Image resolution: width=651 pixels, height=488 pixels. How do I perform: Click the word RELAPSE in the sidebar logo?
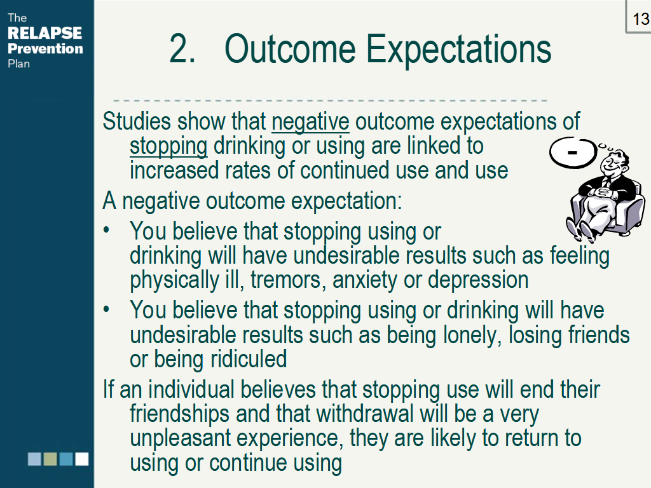coord(45,33)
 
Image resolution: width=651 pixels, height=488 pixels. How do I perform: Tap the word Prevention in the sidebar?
coord(45,48)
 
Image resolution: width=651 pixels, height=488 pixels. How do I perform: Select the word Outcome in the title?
coord(290,49)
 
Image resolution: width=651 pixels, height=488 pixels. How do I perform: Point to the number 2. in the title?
coord(182,50)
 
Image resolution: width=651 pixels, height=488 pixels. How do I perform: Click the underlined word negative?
coord(310,122)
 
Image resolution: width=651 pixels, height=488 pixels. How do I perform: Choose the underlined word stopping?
coord(168,147)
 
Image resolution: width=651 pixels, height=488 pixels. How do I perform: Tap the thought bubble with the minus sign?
coord(573,152)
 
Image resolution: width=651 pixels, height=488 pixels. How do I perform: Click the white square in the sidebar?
coord(82,459)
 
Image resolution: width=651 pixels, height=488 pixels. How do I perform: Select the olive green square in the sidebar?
coord(50,459)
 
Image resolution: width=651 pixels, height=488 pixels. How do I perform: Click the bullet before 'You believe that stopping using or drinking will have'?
coord(107,309)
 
